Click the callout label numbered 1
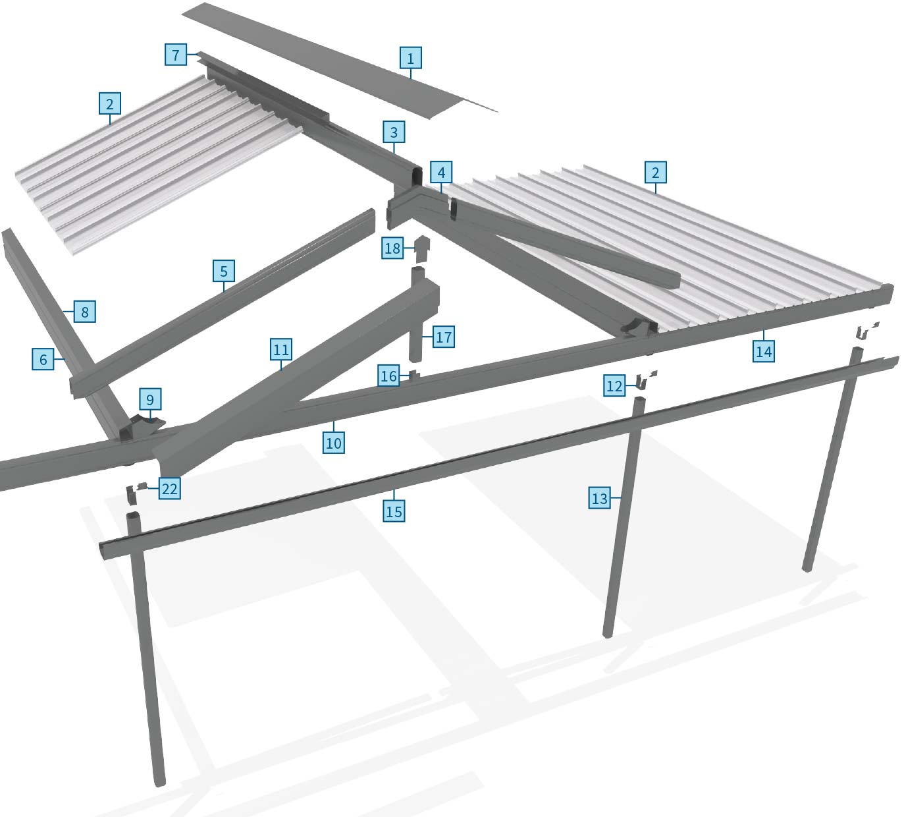point(410,58)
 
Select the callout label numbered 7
point(175,54)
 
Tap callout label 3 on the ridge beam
point(394,132)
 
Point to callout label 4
point(441,173)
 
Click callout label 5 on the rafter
point(224,271)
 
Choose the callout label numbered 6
point(43,359)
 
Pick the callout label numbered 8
point(85,311)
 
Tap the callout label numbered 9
point(150,399)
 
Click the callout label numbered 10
point(334,443)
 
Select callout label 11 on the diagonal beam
point(281,349)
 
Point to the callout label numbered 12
point(614,385)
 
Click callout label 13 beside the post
point(599,499)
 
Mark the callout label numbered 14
point(764,351)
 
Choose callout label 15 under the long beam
point(394,511)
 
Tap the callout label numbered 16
point(388,376)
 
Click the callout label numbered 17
point(444,337)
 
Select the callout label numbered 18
point(392,248)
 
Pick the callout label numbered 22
point(169,488)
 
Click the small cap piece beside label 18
point(422,249)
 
